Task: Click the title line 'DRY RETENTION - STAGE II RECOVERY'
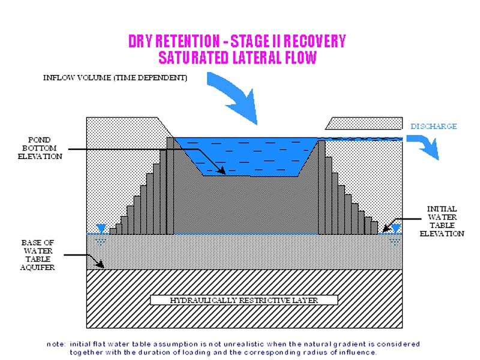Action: [237, 41]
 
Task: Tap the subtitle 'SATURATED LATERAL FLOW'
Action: [237, 58]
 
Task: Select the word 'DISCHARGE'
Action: [434, 127]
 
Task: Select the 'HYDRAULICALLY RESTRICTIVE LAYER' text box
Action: [244, 299]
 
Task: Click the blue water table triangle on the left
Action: [101, 229]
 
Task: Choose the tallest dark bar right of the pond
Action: [322, 186]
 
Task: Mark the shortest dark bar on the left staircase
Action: [113, 231]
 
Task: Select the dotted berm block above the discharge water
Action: [363, 123]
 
